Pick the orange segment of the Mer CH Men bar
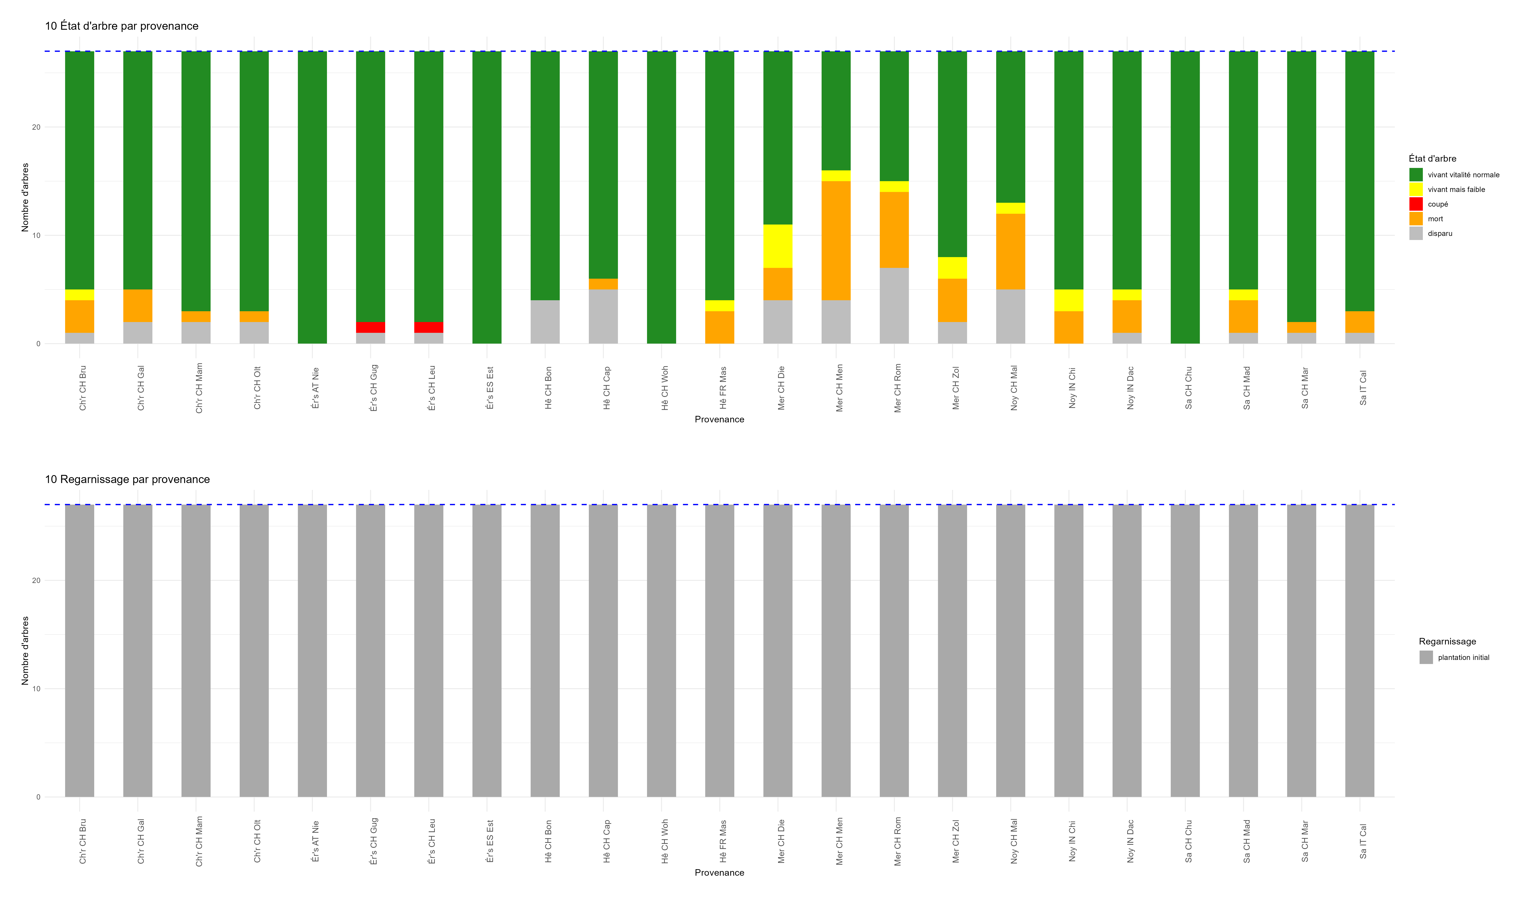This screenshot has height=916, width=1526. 836,241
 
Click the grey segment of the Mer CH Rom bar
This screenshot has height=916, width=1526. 894,306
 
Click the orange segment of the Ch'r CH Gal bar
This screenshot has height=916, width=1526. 138,306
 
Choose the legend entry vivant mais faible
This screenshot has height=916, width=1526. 1456,190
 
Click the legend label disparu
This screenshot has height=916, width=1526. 1440,233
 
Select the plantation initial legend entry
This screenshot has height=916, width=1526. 1463,657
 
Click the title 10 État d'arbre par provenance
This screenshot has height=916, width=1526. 121,26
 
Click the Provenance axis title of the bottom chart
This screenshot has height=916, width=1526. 719,872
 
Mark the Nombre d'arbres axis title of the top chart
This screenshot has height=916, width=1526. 25,197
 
